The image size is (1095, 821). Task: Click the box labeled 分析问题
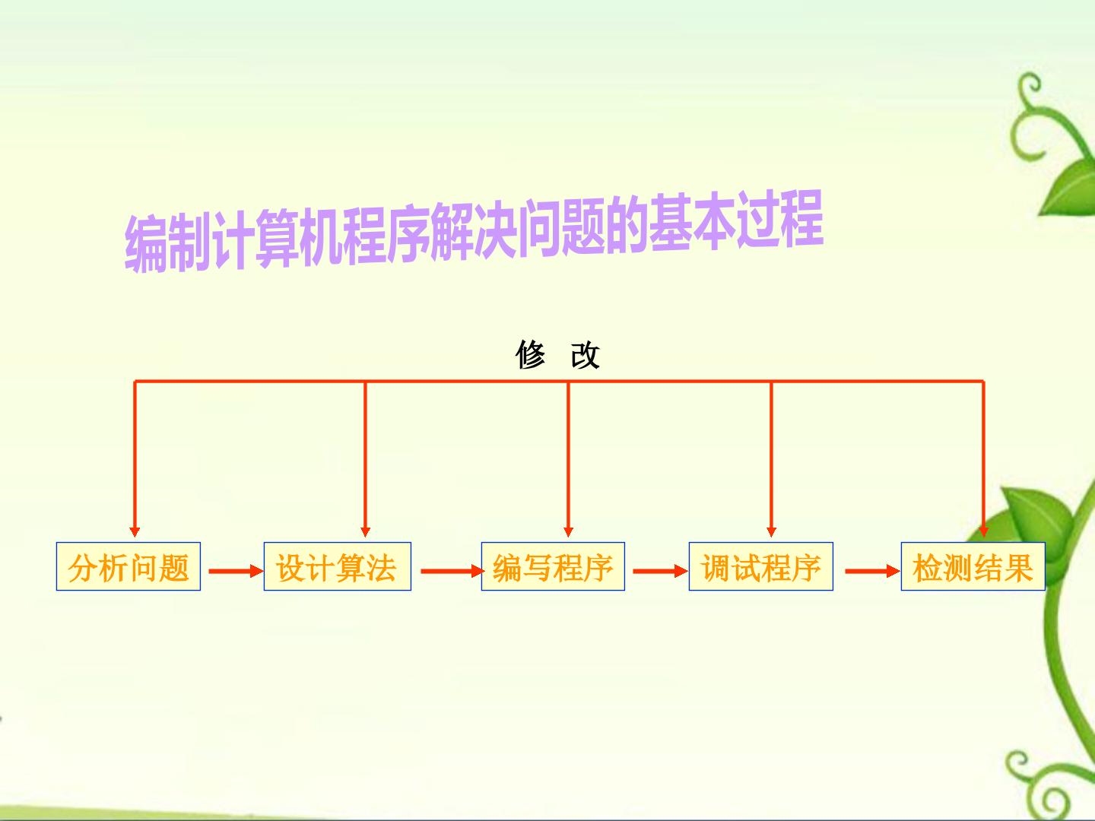point(129,566)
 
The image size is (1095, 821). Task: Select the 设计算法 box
point(337,566)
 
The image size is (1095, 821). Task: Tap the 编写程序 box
point(553,566)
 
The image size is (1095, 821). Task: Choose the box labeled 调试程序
point(760,566)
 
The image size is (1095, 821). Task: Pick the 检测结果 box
point(973,566)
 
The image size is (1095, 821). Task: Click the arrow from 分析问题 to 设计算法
point(236,571)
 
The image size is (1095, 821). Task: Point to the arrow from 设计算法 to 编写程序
point(452,571)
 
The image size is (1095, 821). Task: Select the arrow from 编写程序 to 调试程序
point(661,571)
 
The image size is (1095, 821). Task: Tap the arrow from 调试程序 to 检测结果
point(872,571)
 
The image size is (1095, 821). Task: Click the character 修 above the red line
point(530,355)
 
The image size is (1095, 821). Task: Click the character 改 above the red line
point(586,355)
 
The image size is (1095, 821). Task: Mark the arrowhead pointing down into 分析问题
point(134,531)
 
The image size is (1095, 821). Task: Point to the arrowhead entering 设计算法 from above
point(365,531)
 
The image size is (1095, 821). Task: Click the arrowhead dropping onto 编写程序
point(568,531)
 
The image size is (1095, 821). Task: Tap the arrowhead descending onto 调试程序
point(771,531)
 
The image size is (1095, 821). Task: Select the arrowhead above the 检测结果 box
point(984,531)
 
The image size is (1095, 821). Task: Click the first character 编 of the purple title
point(146,244)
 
